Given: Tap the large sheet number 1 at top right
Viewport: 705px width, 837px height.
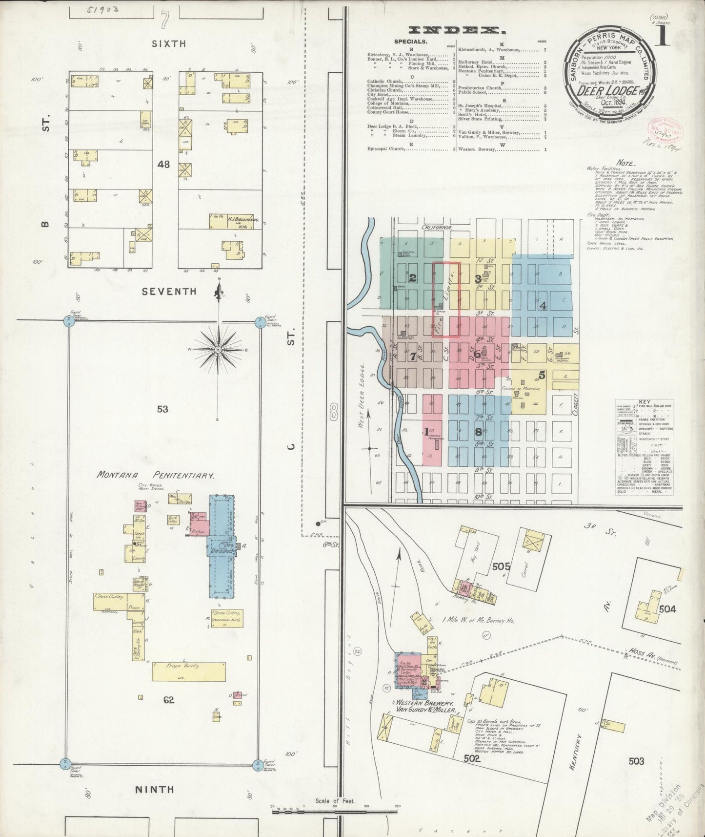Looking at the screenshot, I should pyautogui.click(x=663, y=36).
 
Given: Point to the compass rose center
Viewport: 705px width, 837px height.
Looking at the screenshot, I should pyautogui.click(x=218, y=350).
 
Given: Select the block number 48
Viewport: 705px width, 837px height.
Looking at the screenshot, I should pyautogui.click(x=163, y=165).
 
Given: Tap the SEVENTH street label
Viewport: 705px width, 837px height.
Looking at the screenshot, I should pyautogui.click(x=169, y=292).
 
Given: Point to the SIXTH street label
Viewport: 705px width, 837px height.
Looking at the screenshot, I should pyautogui.click(x=169, y=43).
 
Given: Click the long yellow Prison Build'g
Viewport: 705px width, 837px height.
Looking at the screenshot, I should pyautogui.click(x=189, y=671).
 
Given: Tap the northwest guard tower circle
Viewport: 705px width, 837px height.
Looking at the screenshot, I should pyautogui.click(x=68, y=320).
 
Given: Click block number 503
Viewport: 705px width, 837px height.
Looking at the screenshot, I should pyautogui.click(x=636, y=760).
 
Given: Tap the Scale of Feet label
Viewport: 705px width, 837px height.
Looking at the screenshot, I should pyautogui.click(x=334, y=801).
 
